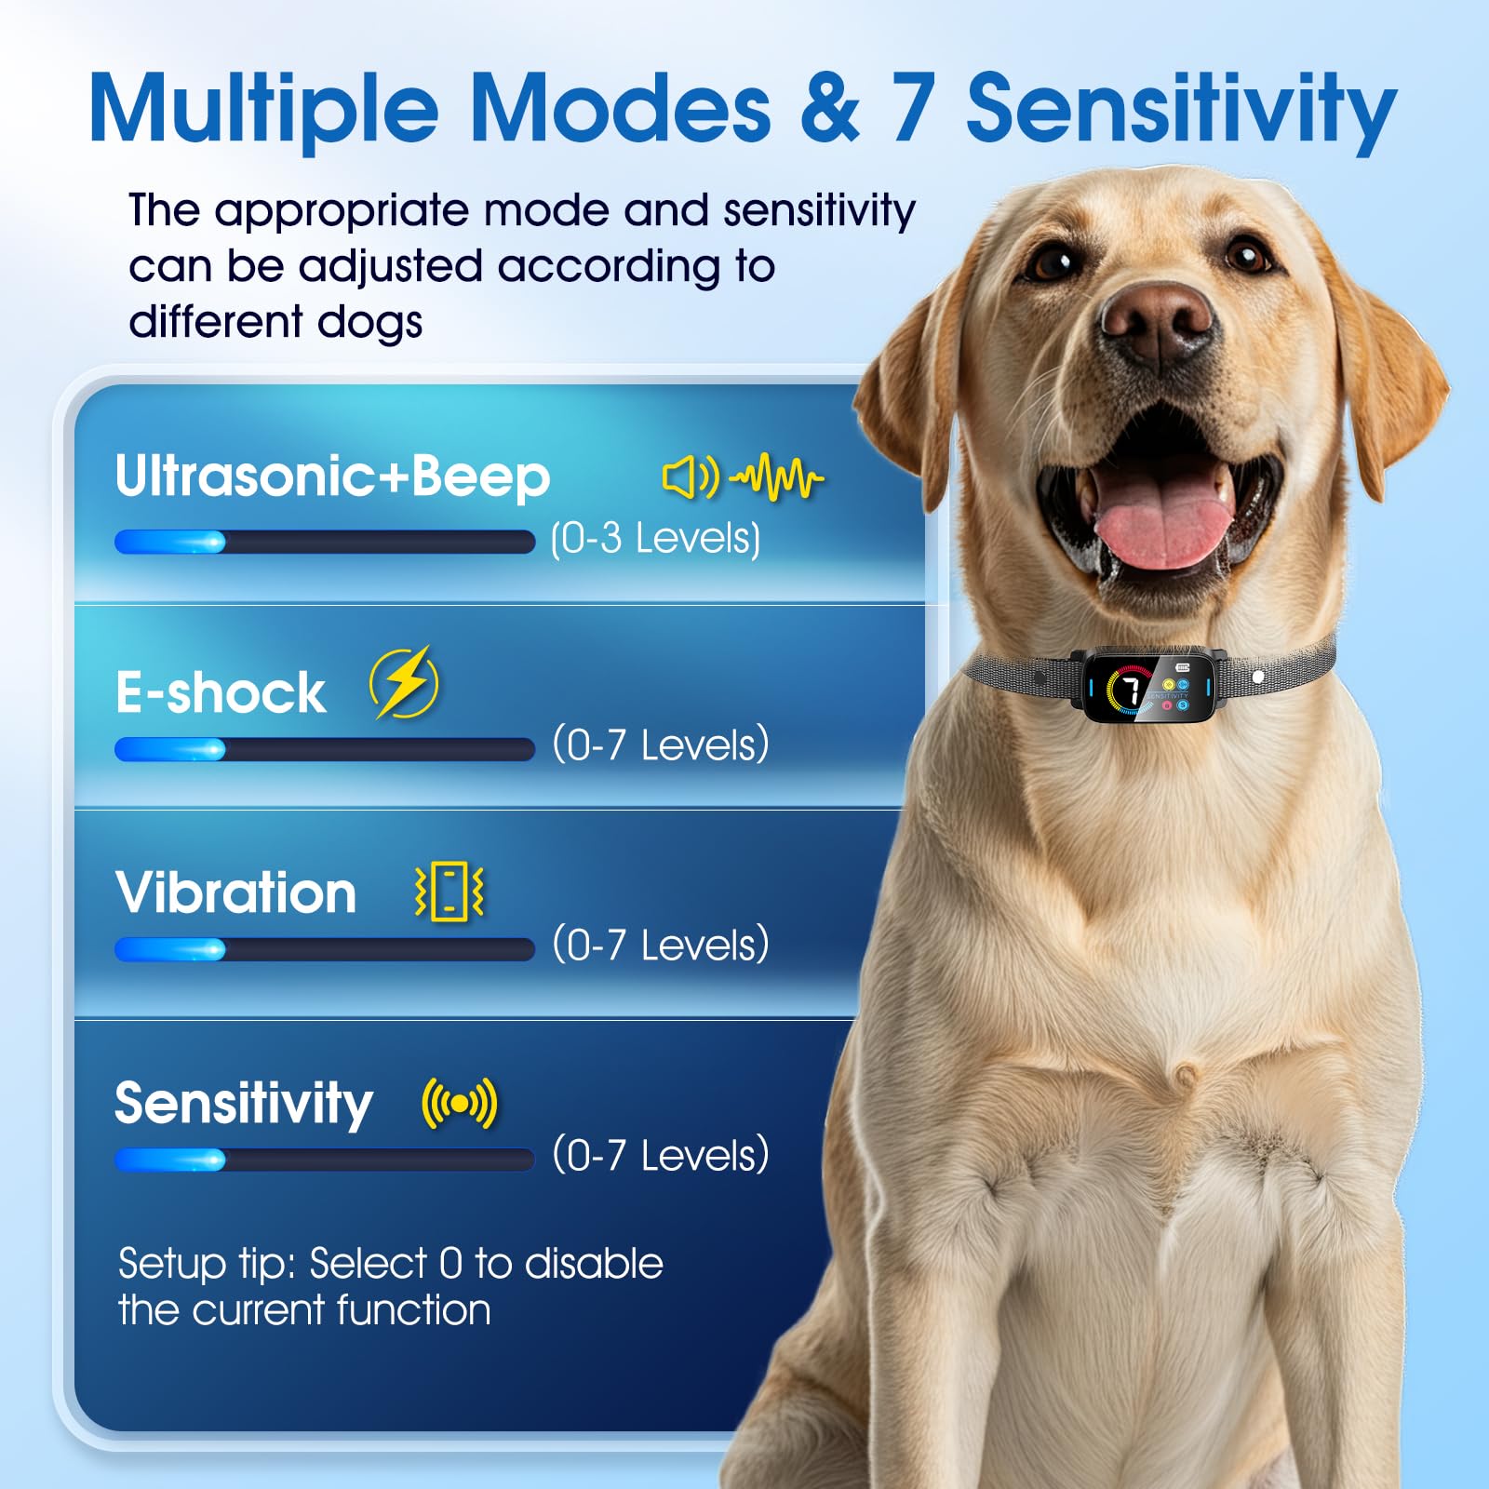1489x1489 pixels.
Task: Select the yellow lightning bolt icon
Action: (404, 683)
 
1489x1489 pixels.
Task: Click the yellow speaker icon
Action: (690, 478)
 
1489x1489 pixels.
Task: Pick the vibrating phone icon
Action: (449, 892)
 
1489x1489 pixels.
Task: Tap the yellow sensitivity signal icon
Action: (460, 1104)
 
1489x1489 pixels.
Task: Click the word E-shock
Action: (221, 693)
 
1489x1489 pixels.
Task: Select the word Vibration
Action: (236, 893)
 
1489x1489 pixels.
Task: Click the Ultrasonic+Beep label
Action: (332, 476)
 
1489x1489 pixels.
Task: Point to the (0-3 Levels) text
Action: (655, 539)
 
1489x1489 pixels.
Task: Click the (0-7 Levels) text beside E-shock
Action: (661, 745)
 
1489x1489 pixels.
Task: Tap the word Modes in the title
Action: (621, 110)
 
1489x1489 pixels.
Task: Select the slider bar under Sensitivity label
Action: (324, 1160)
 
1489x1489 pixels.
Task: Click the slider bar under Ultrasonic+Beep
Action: (324, 542)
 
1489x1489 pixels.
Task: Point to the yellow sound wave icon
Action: (777, 478)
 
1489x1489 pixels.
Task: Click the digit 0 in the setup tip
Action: (450, 1264)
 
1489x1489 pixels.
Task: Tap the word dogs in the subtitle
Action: (369, 322)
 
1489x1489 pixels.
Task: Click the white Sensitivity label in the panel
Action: (244, 1105)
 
